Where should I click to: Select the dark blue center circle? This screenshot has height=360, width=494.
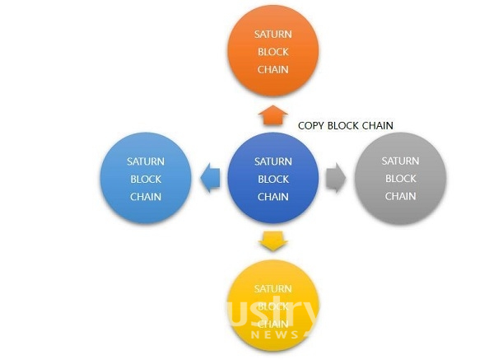tap(273, 179)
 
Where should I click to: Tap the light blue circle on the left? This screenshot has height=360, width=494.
tap(145, 179)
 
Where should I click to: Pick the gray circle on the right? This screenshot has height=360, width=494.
tap(400, 179)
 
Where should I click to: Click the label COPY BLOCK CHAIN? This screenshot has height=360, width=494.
tap(345, 125)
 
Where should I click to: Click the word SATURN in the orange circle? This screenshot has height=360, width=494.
tap(273, 34)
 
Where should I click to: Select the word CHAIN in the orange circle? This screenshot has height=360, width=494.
tap(273, 69)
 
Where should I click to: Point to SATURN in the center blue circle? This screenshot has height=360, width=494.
tap(273, 161)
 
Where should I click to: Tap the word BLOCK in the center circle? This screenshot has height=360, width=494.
tap(273, 179)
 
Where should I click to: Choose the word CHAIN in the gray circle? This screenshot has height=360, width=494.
tap(400, 196)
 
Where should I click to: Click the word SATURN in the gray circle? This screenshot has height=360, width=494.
tap(400, 161)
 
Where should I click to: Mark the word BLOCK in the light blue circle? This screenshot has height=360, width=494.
tap(145, 179)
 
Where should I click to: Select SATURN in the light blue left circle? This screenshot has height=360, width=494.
tap(145, 161)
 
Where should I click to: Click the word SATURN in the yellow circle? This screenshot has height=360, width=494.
tap(273, 289)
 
